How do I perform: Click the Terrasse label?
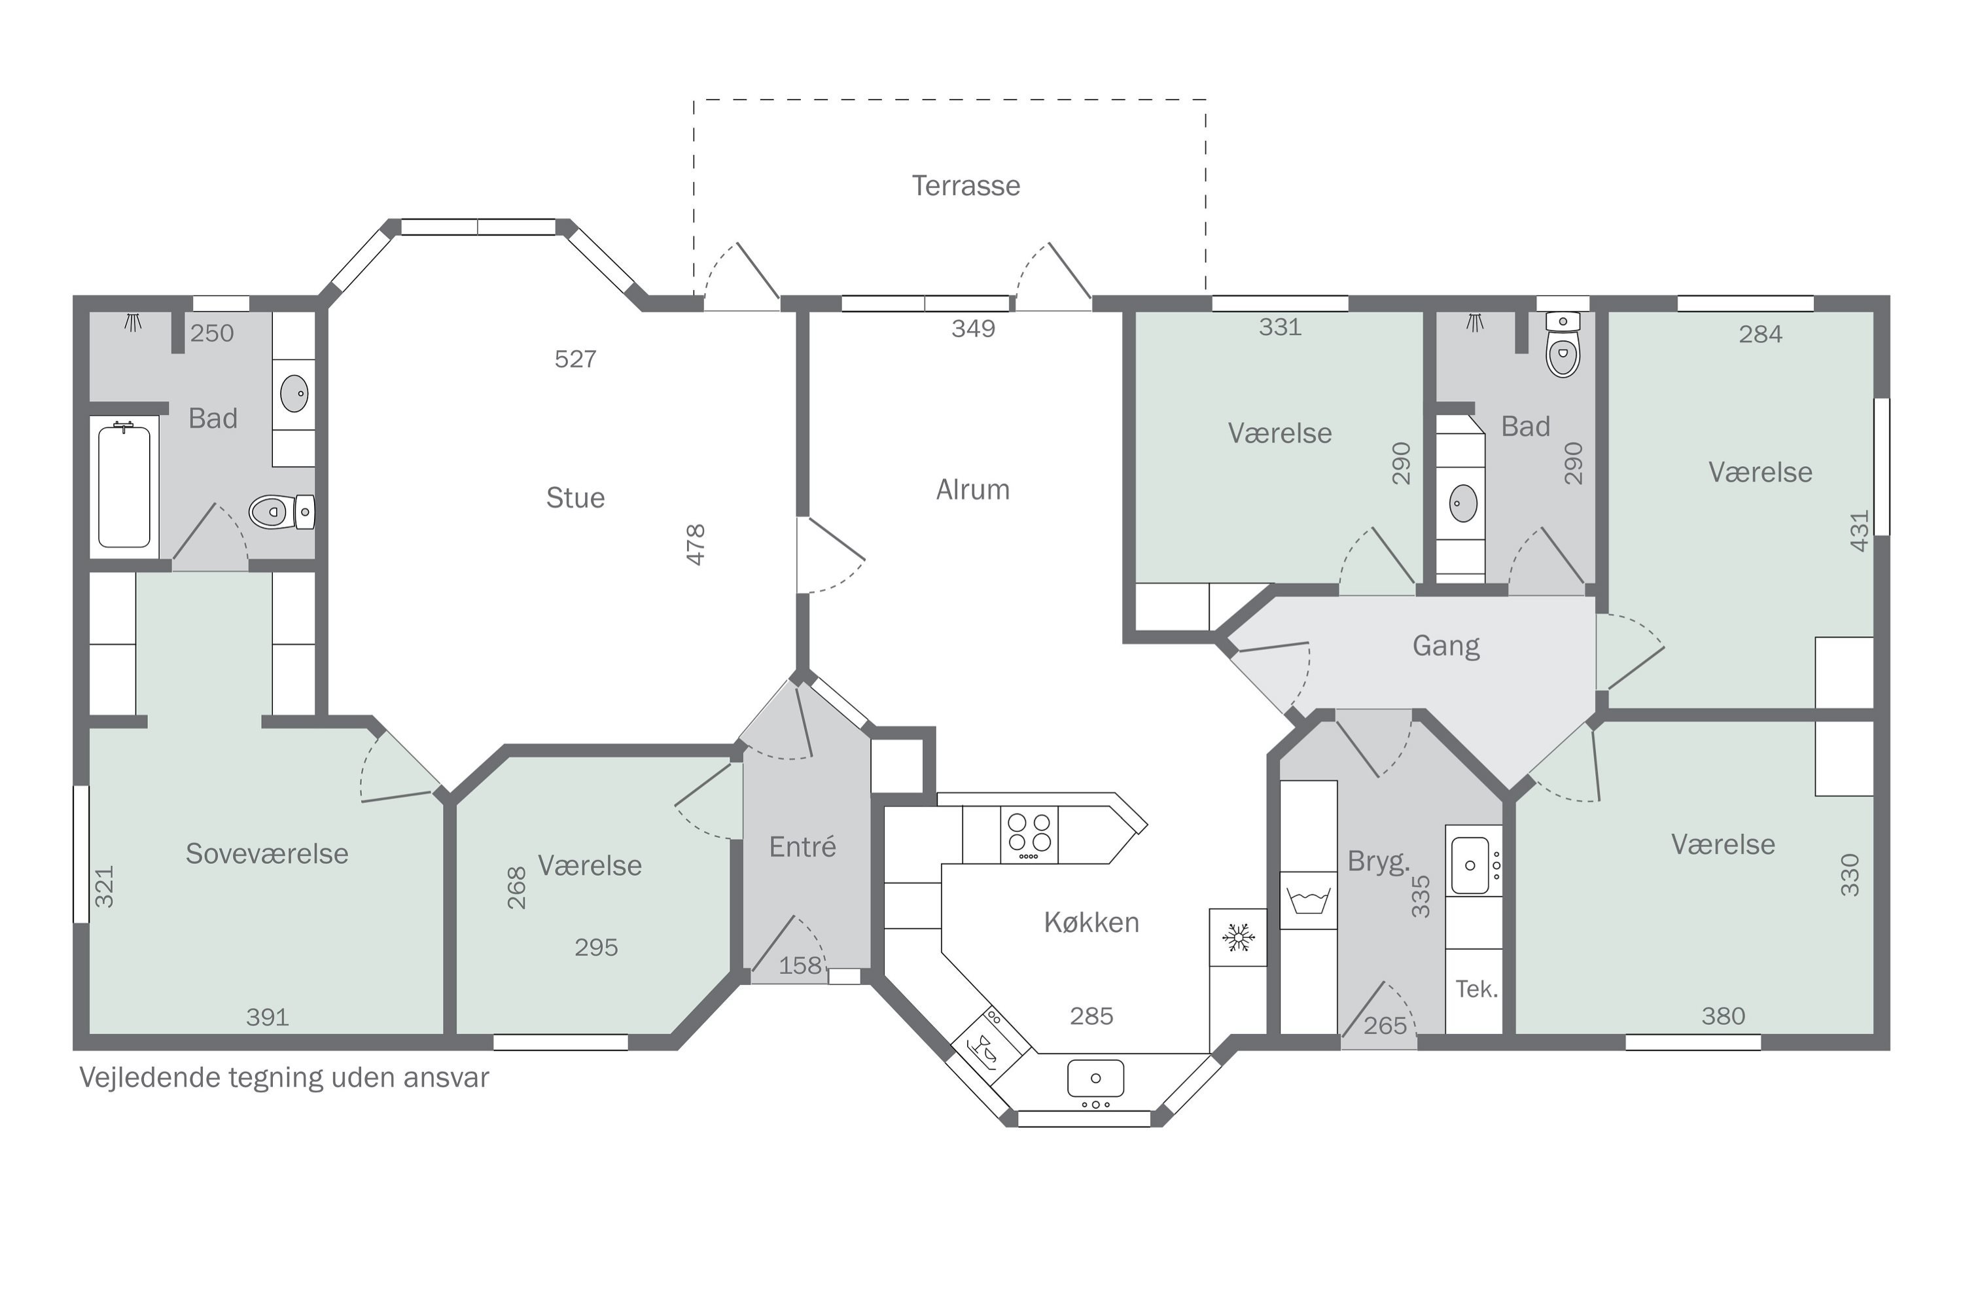tap(966, 185)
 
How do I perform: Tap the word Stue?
tap(575, 497)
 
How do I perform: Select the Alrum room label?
tap(972, 489)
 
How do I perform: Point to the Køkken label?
tap(1091, 922)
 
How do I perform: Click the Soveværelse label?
tap(267, 853)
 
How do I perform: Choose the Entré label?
tap(802, 846)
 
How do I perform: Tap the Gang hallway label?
tap(1445, 646)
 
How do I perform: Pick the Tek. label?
tap(1476, 989)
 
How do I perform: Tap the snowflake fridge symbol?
tap(1239, 937)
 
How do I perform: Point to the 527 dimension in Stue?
tap(575, 359)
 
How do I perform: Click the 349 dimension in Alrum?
tap(973, 328)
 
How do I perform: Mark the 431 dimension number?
tap(1860, 531)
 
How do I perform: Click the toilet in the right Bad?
tap(1563, 346)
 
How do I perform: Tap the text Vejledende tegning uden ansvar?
tap(284, 1078)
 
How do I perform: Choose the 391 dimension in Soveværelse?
tap(267, 1017)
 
